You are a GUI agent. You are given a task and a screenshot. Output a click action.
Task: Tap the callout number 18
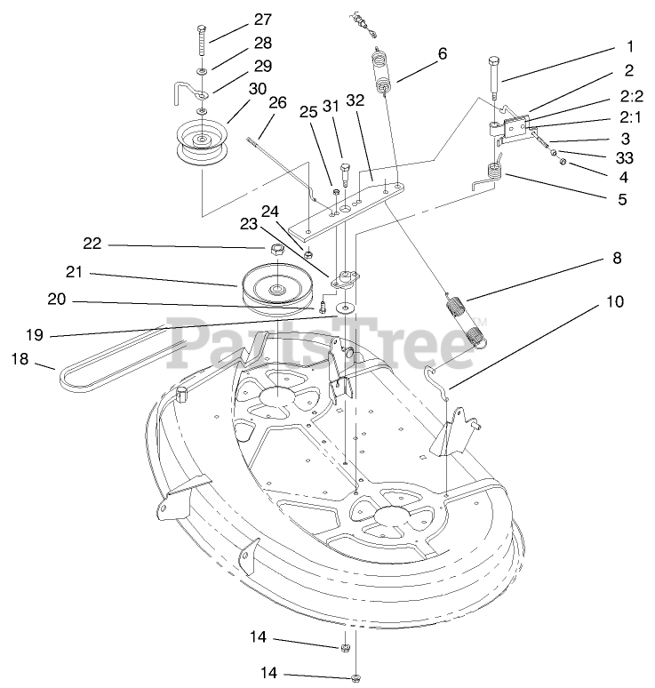coord(20,358)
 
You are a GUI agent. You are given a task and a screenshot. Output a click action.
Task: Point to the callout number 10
coord(616,301)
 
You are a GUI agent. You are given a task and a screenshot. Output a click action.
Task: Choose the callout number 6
coord(441,53)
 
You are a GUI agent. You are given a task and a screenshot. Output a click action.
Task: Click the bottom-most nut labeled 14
coord(355,678)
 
